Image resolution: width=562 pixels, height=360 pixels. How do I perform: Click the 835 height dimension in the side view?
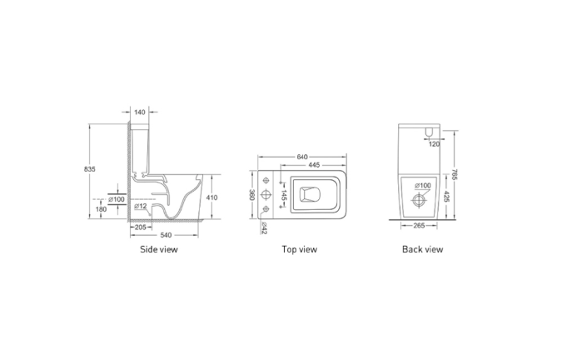90,168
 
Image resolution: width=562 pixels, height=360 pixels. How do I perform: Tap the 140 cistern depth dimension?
140,112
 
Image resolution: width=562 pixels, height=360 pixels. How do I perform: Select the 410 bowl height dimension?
211,197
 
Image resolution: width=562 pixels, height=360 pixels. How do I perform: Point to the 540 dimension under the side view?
166,235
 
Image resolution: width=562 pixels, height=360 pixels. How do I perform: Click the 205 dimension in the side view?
140,227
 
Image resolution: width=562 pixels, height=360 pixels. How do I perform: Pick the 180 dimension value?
102,209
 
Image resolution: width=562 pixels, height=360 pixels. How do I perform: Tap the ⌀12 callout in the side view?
141,206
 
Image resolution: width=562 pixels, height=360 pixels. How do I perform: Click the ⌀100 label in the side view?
117,199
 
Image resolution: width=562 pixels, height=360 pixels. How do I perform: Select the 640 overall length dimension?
302,157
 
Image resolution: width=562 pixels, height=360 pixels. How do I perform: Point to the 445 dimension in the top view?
314,165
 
